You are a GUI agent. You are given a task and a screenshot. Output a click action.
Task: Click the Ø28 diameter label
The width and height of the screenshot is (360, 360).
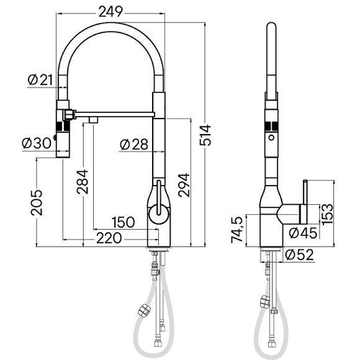[133, 144]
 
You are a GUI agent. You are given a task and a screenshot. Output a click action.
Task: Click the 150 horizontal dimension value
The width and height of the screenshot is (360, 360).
[123, 222]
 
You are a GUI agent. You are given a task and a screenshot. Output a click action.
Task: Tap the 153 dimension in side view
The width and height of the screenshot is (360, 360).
[327, 212]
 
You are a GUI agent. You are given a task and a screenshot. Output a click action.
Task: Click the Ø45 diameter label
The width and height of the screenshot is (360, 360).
[304, 233]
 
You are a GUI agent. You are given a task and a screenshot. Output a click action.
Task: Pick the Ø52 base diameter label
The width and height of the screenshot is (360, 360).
[300, 254]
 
